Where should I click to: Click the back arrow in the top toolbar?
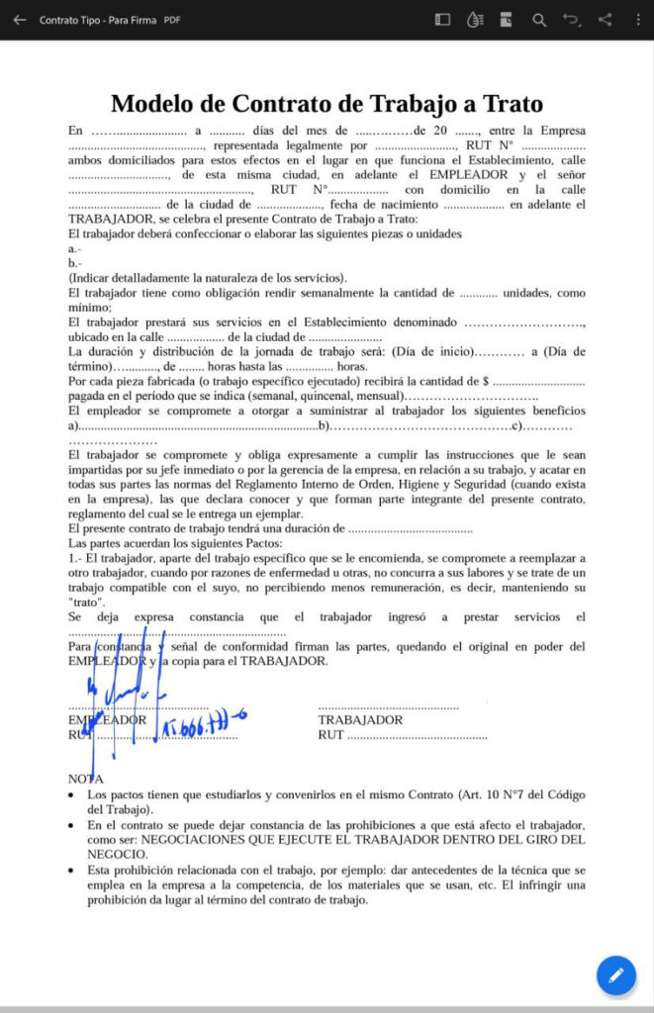point(20,20)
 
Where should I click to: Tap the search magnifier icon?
point(539,20)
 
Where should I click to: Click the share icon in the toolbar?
point(606,20)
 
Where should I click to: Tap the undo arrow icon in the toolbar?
point(572,20)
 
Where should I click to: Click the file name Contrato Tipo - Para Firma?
point(98,20)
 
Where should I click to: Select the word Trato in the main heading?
point(509,104)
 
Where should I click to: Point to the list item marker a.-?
point(75,248)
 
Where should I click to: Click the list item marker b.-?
point(75,263)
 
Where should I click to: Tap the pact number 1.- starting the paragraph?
point(75,559)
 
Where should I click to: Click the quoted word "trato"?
point(86,602)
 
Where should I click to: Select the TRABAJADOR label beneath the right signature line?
point(360,720)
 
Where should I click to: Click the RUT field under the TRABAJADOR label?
point(330,735)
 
